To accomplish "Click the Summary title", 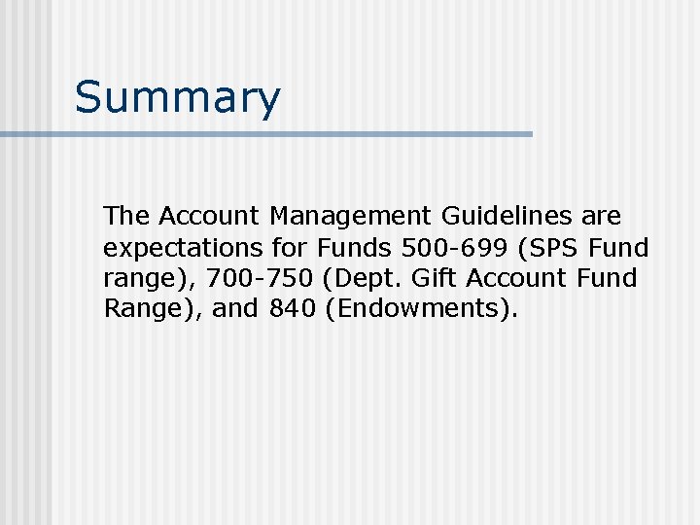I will point(177,98).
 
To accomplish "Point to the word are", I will point(601,214).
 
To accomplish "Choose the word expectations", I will point(183,246).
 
